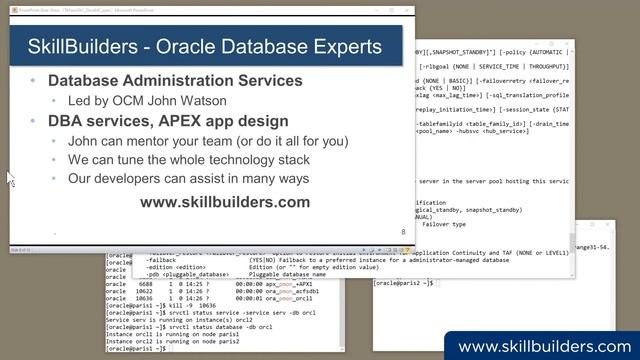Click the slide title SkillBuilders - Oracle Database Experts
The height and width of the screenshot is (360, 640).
[204, 46]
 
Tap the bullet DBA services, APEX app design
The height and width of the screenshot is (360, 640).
[168, 121]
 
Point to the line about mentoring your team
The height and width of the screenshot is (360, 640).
[208, 141]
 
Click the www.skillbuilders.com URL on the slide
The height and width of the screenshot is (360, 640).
[224, 202]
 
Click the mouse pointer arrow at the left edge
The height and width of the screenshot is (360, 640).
[10, 178]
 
